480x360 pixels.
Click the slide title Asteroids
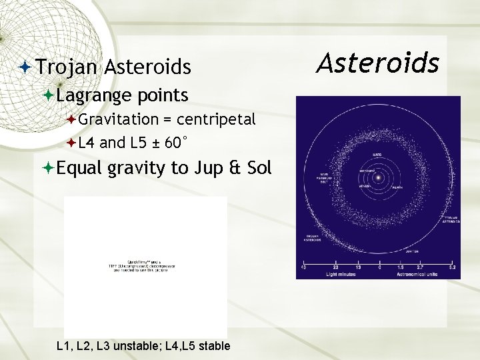tap(378, 63)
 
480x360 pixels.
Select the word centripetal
tap(216, 119)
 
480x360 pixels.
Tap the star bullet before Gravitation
tap(71, 119)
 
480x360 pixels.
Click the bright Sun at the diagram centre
tap(378, 178)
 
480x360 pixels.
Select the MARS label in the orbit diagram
tap(377, 155)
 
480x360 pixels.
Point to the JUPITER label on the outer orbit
tap(412, 251)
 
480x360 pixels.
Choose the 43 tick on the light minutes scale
tap(304, 268)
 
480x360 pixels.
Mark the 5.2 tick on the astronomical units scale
tap(452, 268)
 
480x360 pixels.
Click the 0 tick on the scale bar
tap(379, 268)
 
